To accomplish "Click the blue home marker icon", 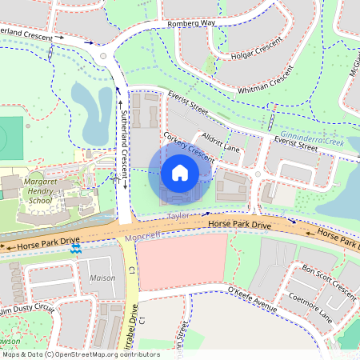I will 180,172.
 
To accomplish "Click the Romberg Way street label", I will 193,25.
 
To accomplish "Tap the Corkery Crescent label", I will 189,148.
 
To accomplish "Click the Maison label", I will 102,278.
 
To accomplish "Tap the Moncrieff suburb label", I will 143,234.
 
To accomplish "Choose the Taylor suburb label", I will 178,217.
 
